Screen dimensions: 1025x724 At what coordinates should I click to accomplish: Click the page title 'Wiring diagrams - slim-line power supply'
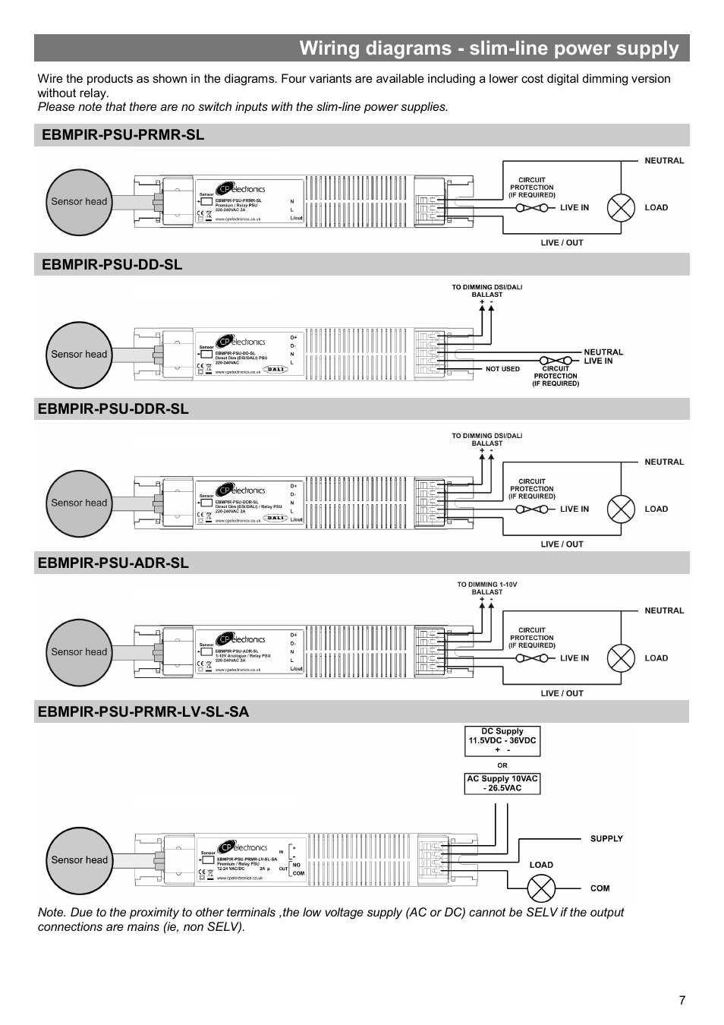click(x=489, y=49)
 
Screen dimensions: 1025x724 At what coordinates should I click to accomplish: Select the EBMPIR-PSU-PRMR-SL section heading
click(x=123, y=135)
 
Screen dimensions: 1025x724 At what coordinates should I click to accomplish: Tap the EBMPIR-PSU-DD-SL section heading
click(x=112, y=264)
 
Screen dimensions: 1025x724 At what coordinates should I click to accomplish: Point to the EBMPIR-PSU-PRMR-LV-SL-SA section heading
click(x=143, y=711)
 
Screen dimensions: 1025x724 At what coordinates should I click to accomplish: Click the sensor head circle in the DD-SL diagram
click(x=79, y=355)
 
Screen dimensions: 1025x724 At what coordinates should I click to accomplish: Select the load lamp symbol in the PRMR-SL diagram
click(x=621, y=208)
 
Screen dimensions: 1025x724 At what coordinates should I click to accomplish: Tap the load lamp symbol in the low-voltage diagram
click(x=541, y=888)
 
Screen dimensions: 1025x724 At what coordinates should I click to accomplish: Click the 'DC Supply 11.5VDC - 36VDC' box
click(x=502, y=741)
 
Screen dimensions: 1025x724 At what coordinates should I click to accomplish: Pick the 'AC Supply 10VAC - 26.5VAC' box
click(x=502, y=784)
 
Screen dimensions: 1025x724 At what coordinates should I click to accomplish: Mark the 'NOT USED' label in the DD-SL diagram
click(x=502, y=369)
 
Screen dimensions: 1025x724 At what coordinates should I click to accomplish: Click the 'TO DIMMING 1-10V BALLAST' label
click(x=486, y=588)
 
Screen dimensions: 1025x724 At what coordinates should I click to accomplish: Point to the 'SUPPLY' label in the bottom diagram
click(x=606, y=839)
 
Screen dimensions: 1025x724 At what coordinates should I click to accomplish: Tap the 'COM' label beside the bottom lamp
click(x=600, y=888)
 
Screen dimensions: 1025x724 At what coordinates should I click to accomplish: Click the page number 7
click(x=682, y=1000)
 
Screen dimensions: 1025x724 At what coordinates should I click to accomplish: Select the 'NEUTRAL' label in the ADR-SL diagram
click(x=664, y=610)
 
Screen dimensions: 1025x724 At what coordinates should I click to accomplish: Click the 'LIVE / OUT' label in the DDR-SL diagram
click(x=562, y=544)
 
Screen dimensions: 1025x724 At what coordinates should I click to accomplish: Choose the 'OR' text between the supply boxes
click(x=502, y=765)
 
